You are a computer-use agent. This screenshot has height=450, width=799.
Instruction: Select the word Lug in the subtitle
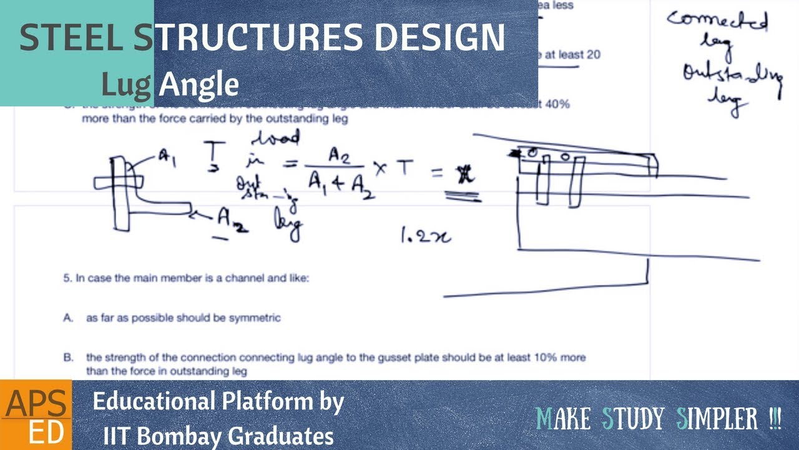(127, 84)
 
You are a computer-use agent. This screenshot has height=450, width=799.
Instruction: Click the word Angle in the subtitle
(199, 84)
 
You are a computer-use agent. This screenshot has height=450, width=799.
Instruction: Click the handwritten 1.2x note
(425, 236)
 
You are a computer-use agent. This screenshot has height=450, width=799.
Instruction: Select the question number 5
(66, 279)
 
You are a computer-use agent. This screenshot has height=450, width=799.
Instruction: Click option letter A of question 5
(67, 318)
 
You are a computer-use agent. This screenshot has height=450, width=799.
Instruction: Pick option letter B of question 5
(67, 358)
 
